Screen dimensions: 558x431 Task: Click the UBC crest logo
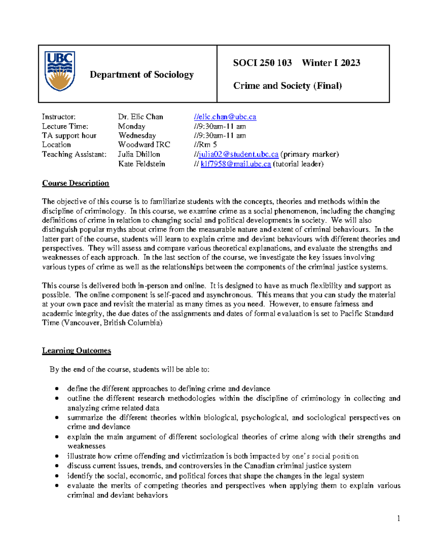[x=60, y=71]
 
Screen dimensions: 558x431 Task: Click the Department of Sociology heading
[x=142, y=74]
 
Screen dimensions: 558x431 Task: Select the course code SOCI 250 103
[x=262, y=63]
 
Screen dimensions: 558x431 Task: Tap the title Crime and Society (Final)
[x=287, y=86]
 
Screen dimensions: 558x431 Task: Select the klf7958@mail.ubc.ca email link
[x=236, y=164]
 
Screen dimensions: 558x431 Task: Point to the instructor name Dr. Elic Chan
[x=140, y=117]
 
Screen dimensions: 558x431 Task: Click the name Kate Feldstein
[x=142, y=164]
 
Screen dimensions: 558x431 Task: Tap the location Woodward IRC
[x=144, y=145]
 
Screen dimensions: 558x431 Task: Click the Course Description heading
[x=75, y=183]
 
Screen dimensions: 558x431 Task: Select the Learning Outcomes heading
[x=77, y=351]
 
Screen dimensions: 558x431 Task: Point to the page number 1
[x=398, y=518]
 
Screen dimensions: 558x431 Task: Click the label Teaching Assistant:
[x=74, y=154]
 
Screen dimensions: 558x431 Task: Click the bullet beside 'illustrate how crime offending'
[x=57, y=456]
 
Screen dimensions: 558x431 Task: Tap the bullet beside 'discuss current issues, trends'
[x=57, y=466]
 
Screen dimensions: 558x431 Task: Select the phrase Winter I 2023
[x=331, y=63]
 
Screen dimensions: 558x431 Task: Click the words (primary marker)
[x=310, y=154]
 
